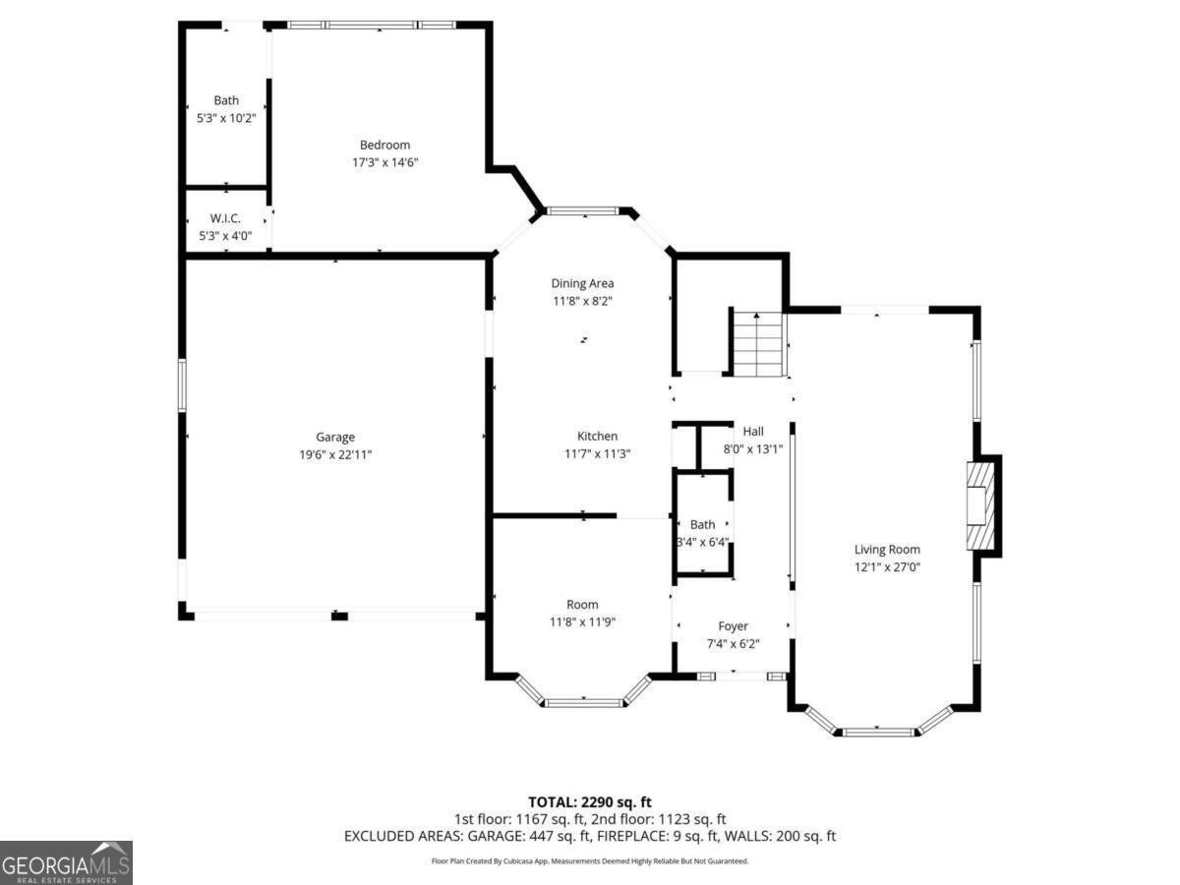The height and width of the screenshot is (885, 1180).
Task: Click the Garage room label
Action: [x=335, y=437]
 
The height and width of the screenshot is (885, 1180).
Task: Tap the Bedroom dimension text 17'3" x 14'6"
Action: [x=384, y=163]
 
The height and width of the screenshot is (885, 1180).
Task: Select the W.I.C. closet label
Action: [x=226, y=218]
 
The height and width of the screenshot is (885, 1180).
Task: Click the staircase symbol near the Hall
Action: [x=758, y=343]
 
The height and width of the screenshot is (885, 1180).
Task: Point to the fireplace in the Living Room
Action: [x=981, y=505]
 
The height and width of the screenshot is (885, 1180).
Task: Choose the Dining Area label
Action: [x=582, y=283]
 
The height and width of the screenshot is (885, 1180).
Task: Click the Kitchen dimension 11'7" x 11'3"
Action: [x=597, y=453]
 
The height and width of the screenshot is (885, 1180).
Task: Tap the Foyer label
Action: [x=733, y=625]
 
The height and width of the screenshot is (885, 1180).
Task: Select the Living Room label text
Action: [x=887, y=550]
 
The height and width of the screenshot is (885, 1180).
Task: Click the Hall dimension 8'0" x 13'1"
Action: [x=753, y=448]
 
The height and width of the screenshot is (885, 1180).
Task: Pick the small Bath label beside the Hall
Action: [x=702, y=524]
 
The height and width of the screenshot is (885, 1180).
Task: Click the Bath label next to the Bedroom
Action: [x=226, y=100]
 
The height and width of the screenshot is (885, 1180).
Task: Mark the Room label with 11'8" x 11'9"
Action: [x=582, y=604]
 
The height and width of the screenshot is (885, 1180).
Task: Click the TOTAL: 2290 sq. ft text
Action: [x=590, y=801]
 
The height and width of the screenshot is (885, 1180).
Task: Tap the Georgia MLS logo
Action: [x=66, y=862]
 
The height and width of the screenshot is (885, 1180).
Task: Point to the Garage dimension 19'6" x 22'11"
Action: [x=335, y=454]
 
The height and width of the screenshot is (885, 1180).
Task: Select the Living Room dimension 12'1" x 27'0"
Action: [x=887, y=567]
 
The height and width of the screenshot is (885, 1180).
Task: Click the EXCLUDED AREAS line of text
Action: [x=590, y=836]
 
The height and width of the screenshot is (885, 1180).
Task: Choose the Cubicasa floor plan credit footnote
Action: [x=590, y=861]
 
